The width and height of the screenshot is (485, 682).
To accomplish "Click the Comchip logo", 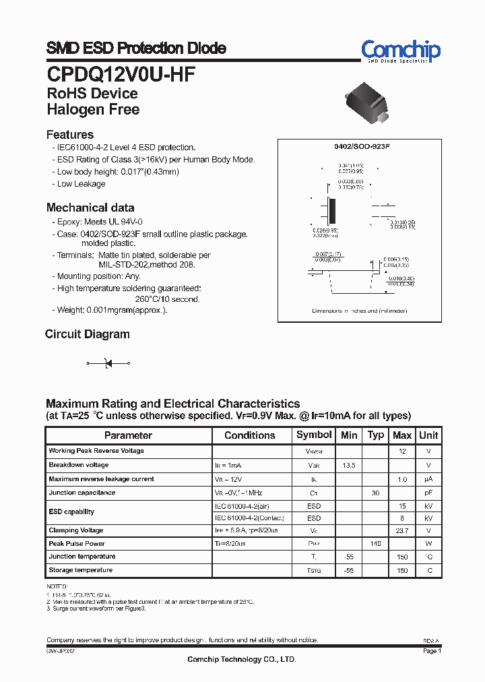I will click(400, 51).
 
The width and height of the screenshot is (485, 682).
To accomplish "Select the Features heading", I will click(70, 134).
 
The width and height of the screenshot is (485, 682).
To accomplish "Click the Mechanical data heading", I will click(90, 208).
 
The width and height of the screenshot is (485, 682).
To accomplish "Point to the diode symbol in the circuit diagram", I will click(107, 363).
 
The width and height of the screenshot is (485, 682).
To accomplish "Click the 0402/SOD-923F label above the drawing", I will click(362, 146).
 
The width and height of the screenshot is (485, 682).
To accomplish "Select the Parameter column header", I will click(128, 435).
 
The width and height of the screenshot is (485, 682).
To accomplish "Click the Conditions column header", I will click(250, 435).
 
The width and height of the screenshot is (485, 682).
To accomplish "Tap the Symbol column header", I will click(314, 435).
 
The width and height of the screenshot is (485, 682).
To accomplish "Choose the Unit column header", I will click(428, 435).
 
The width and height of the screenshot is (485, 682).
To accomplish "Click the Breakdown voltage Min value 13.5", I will click(349, 465).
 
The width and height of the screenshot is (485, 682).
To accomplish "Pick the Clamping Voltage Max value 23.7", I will click(402, 530).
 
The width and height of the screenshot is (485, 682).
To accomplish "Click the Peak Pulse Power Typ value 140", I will click(375, 543).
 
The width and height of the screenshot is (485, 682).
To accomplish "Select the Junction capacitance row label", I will click(82, 493).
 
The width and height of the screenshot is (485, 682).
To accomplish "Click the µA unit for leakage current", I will click(428, 479).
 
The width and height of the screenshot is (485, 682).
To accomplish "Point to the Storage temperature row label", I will click(80, 570).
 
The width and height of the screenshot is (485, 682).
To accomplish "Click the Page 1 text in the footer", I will click(432, 651).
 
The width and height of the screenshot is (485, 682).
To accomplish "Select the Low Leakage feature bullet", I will click(81, 184).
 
